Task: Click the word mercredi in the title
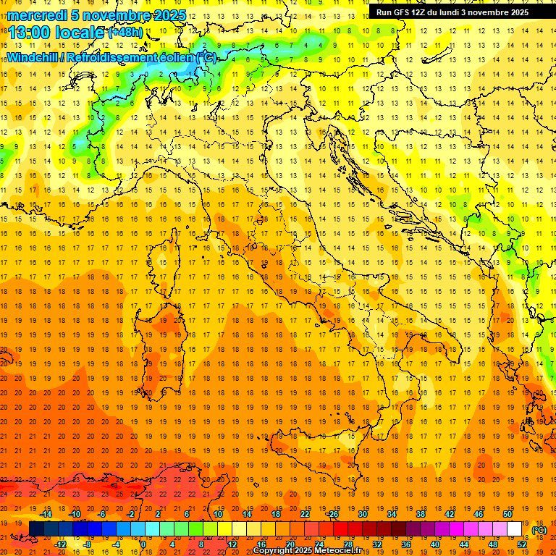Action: tap(37, 15)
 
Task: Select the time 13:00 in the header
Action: tap(35, 33)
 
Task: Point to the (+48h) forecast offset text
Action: tap(125, 33)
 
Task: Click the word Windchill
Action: tap(34, 57)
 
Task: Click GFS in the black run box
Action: tap(403, 12)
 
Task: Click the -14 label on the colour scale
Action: tap(46, 514)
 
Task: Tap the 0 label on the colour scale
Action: tap(143, 544)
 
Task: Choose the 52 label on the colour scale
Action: tap(522, 544)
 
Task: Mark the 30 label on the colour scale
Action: tap(363, 514)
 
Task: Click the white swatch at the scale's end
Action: tap(514, 528)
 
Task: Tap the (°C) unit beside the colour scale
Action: tap(539, 530)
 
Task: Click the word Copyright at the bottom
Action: tap(273, 551)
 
